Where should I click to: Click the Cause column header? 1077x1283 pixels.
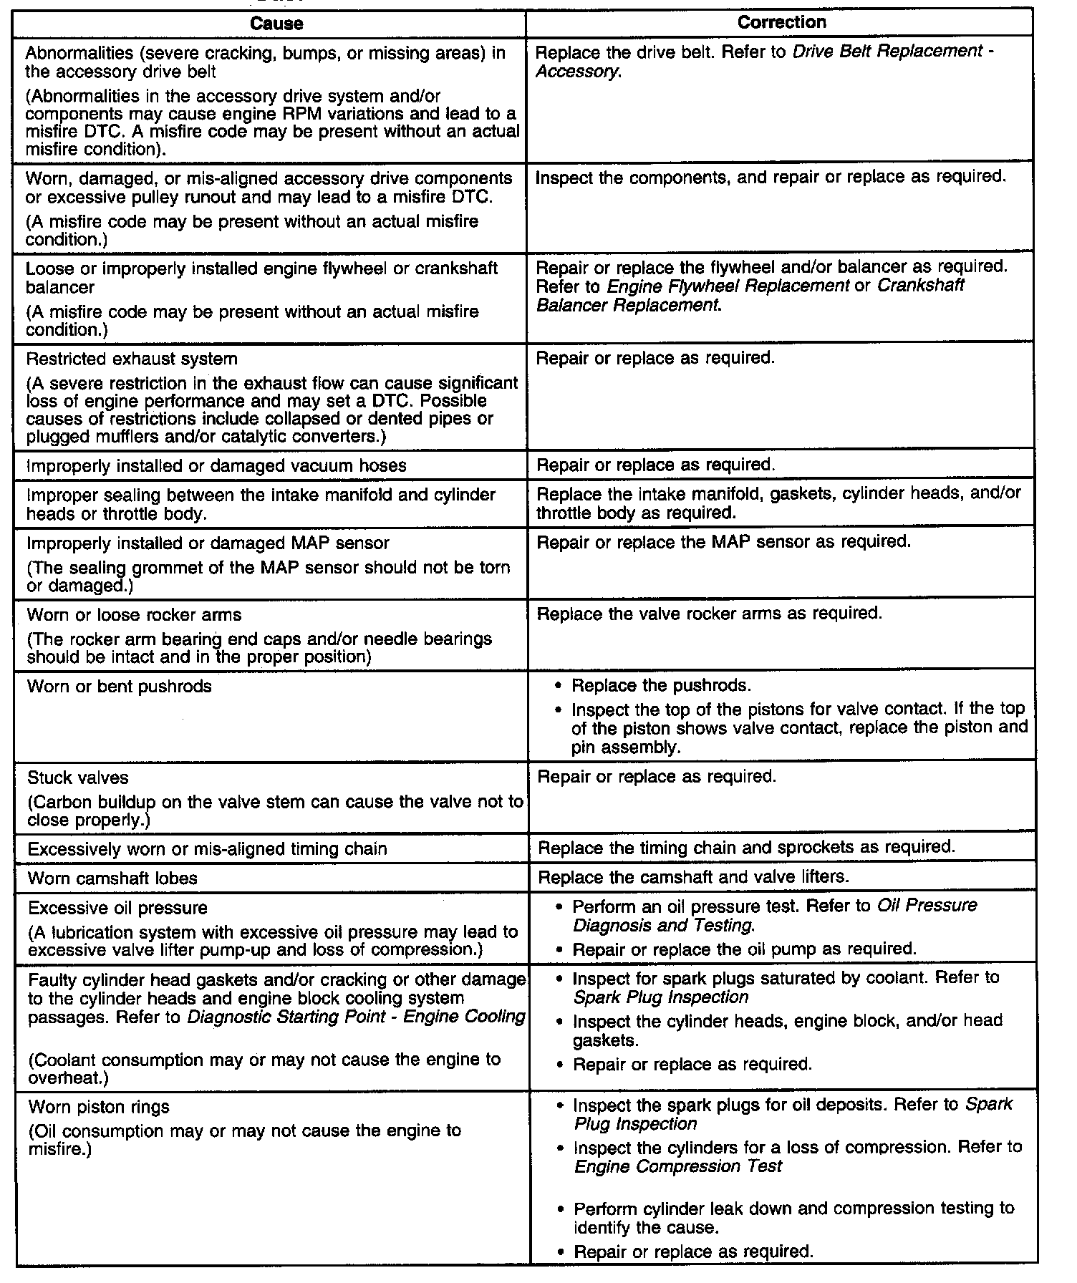click(276, 24)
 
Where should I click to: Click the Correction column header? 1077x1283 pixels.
click(781, 22)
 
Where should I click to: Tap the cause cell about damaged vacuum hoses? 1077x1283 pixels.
click(216, 465)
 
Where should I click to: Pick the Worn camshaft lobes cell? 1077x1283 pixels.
click(112, 878)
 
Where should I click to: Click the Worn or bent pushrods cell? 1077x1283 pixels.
click(120, 687)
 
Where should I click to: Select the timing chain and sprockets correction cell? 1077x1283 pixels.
click(746, 847)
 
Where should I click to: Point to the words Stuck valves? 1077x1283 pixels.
click(78, 778)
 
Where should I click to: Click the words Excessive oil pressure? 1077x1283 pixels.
click(117, 908)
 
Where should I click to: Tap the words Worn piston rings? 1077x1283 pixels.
click(99, 1107)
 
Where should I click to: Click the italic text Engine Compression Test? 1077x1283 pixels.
click(677, 1166)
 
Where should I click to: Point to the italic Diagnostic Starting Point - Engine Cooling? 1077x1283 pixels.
click(356, 1017)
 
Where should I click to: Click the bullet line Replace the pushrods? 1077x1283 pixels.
click(661, 686)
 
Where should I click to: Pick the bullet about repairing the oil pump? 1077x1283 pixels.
click(745, 949)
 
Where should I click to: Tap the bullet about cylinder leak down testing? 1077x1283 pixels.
click(793, 1217)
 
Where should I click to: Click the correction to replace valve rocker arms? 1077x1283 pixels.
click(710, 614)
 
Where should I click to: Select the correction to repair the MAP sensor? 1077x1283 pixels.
click(724, 542)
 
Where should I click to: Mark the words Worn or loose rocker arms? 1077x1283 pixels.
click(134, 615)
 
